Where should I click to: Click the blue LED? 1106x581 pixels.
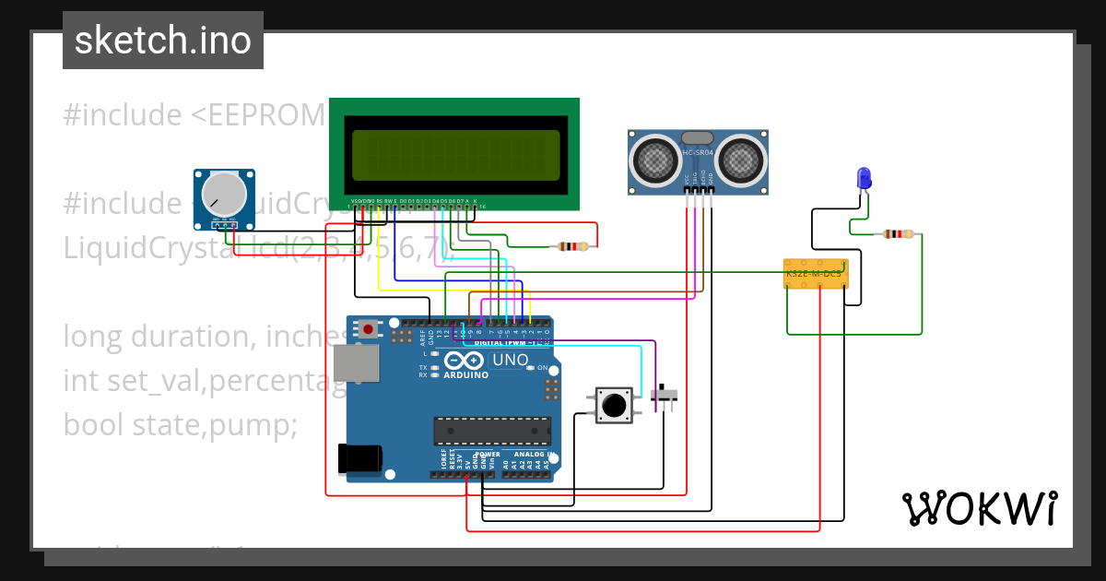click(x=864, y=178)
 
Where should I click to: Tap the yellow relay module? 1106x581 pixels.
click(x=815, y=274)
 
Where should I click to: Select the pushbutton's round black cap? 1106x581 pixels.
click(x=615, y=404)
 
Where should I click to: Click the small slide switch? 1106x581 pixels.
click(x=664, y=396)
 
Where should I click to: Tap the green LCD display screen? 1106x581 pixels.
click(x=454, y=154)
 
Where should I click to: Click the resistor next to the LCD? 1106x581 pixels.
click(x=572, y=246)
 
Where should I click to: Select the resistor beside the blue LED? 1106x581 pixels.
click(x=898, y=234)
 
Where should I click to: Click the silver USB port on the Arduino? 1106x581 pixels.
click(x=356, y=363)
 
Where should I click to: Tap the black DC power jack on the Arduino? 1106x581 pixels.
click(x=359, y=458)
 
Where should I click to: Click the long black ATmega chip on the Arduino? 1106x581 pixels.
click(x=493, y=431)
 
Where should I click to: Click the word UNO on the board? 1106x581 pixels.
click(x=510, y=360)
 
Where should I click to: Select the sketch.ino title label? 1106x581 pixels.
click(x=163, y=41)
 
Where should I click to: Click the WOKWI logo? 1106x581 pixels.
click(x=979, y=508)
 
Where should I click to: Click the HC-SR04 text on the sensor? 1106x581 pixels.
click(x=698, y=152)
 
